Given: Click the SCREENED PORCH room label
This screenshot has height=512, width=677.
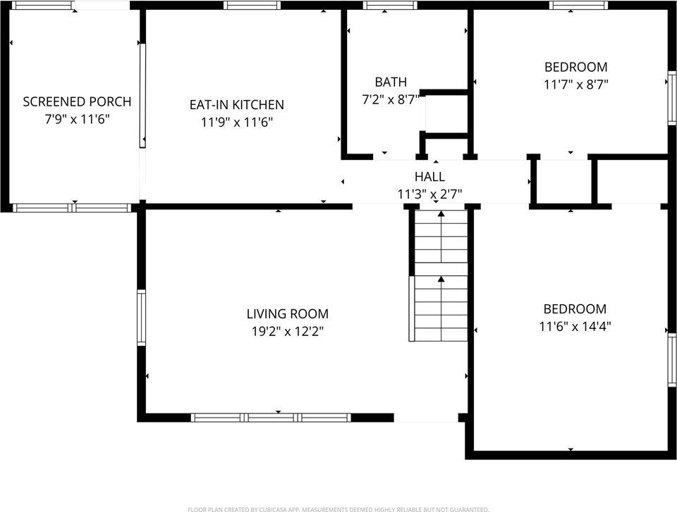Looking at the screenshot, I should tap(77, 101).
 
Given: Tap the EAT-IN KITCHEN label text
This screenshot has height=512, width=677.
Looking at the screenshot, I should tap(236, 105).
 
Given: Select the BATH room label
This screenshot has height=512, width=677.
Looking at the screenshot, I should tap(391, 82).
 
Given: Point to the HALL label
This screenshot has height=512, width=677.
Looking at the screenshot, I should tap(429, 177).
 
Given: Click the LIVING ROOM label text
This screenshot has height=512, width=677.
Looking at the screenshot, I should tap(287, 314).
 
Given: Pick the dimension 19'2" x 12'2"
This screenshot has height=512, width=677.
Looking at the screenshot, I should tap(287, 332).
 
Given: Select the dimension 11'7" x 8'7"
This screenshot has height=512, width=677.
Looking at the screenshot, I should tap(575, 85).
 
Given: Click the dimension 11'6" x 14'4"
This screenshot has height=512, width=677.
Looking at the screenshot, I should tap(575, 327).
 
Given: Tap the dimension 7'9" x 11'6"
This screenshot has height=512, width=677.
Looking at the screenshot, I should tap(77, 119).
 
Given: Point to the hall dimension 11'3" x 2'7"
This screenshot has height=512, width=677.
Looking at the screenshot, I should tap(429, 194).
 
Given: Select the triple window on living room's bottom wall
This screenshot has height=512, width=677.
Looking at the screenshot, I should tap(272, 418).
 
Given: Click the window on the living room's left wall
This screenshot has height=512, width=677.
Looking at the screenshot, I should tap(141, 318).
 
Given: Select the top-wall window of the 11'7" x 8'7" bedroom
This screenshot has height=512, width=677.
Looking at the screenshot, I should tap(578, 6).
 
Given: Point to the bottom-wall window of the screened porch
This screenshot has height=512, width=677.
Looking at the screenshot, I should tap(73, 208).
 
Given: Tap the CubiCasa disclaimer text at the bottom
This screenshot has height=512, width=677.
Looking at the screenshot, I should tap(338, 508).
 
